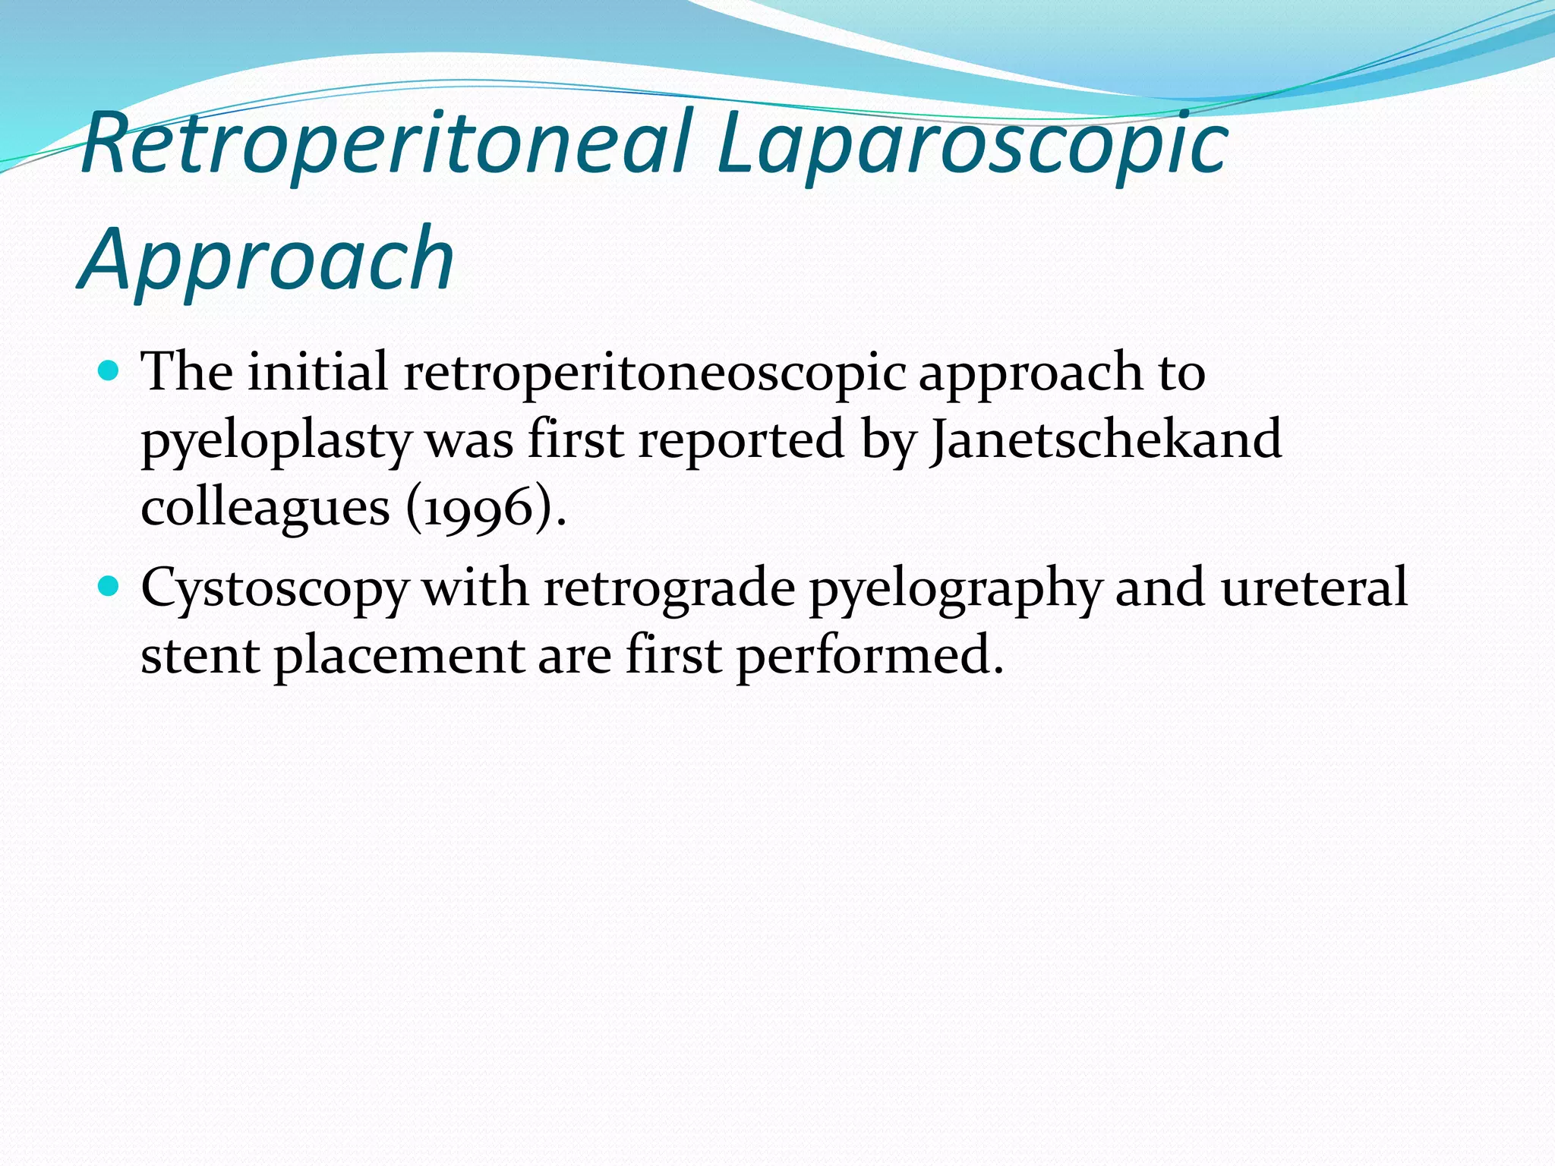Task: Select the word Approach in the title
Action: coord(266,260)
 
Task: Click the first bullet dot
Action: coord(110,372)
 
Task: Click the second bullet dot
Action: coord(110,587)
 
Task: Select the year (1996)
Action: coord(486,507)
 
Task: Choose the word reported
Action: coord(741,440)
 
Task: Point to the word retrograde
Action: coord(669,589)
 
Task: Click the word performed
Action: coord(869,655)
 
